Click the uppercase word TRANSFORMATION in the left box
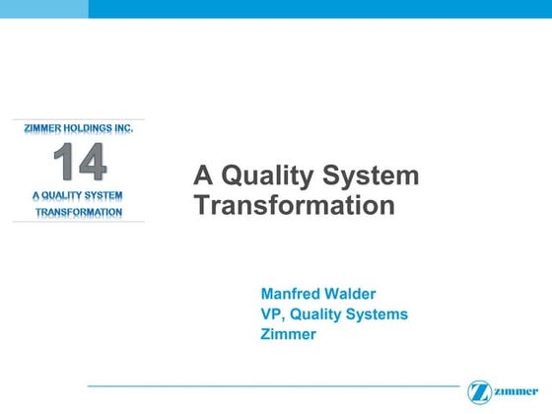click(79, 212)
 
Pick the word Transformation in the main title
click(295, 206)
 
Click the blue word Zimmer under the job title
click(288, 335)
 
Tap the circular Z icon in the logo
click(480, 391)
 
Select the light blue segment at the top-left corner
click(43, 9)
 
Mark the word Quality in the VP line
click(315, 314)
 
